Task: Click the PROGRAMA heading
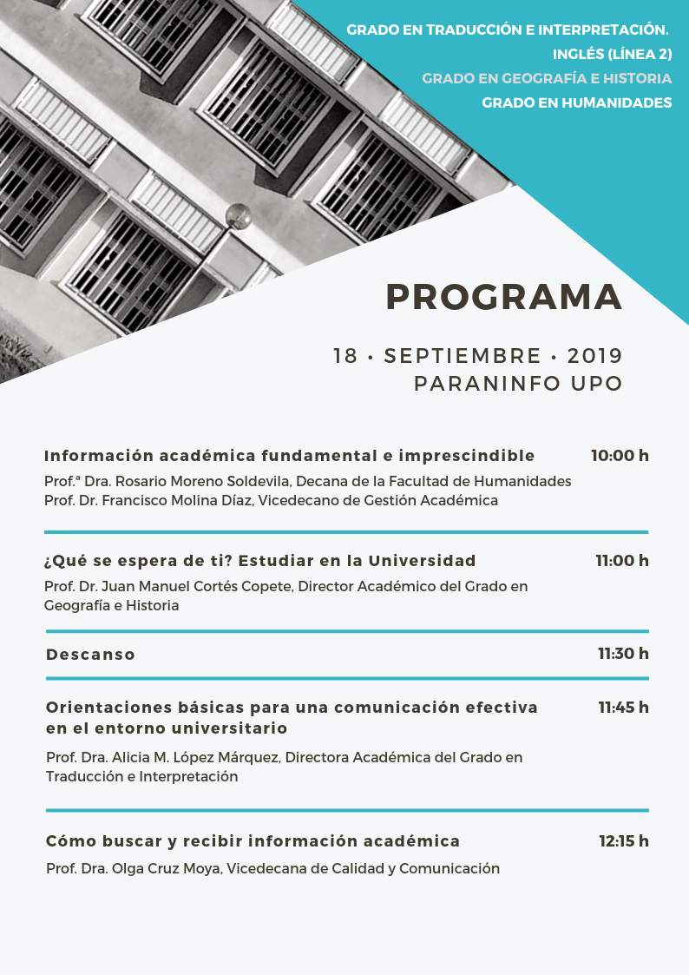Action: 504,297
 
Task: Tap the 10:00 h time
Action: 620,456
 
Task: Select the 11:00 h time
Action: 622,561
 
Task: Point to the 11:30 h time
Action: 623,654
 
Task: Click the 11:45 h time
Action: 623,708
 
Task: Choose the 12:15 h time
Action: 624,841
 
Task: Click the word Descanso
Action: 91,654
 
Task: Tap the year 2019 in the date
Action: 594,356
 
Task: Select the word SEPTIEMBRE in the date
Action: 463,356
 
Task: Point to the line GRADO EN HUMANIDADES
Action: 577,102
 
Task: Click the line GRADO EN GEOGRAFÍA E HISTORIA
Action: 547,78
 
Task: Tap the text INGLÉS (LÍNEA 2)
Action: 613,54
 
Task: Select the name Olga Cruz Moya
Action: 166,869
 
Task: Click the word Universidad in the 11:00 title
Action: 422,561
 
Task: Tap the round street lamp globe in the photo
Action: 238,216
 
